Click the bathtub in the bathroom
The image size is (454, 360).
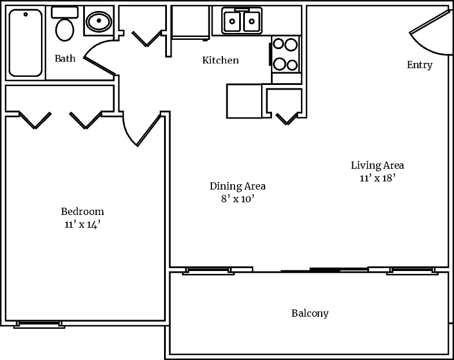tap(25, 42)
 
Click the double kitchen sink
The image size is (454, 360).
tap(241, 22)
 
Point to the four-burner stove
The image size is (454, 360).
tap(285, 54)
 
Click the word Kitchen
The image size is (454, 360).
tap(220, 60)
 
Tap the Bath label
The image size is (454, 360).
tap(65, 58)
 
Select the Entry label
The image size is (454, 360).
tap(419, 65)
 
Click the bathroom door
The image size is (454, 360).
tap(99, 63)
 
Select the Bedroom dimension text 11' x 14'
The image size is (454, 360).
tap(83, 225)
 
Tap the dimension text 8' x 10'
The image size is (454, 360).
tap(237, 199)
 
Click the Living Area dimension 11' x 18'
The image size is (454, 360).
tap(377, 178)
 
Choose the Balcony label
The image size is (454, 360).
tap(310, 314)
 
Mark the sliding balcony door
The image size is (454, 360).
tap(325, 269)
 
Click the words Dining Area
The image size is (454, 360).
tap(237, 186)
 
